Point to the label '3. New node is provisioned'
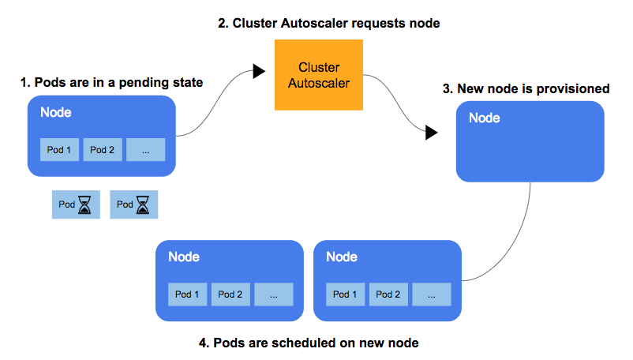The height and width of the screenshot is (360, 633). [x=526, y=88]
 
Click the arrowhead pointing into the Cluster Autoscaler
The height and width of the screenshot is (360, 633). [x=259, y=72]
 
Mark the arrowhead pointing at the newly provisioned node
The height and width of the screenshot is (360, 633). [x=431, y=133]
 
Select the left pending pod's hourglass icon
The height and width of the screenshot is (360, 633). [x=85, y=205]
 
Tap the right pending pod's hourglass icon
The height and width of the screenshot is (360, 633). [x=143, y=205]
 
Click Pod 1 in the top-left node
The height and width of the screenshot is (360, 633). [x=60, y=149]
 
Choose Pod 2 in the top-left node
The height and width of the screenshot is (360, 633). [x=103, y=149]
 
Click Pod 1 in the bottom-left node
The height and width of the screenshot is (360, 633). [x=187, y=294]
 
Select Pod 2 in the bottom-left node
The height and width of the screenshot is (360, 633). [x=230, y=294]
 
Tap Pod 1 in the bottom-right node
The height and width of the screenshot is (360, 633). [x=345, y=294]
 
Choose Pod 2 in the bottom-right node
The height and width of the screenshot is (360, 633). [x=388, y=294]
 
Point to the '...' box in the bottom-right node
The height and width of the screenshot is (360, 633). [x=431, y=294]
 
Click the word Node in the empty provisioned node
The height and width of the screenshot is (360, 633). [x=485, y=118]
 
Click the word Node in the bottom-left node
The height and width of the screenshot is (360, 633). [x=184, y=257]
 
